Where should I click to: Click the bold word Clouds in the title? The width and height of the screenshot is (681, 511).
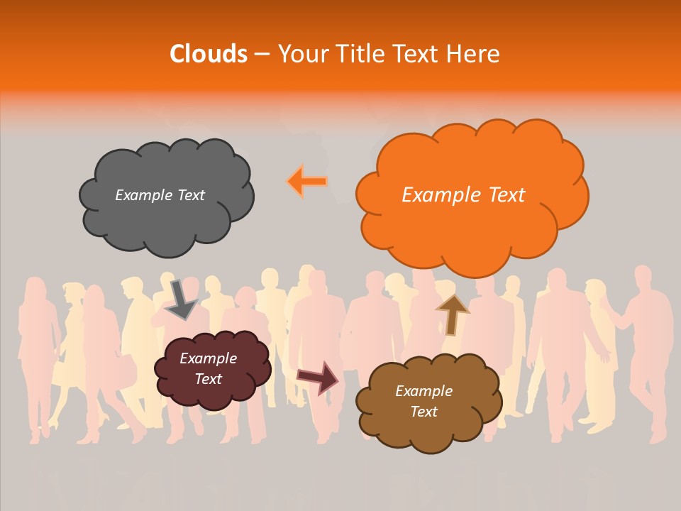pos(209,54)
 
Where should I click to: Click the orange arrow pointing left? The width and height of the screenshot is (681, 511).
pos(307,182)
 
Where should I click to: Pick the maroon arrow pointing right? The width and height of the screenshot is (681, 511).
pos(319,377)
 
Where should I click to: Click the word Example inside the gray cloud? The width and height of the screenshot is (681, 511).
pos(142,195)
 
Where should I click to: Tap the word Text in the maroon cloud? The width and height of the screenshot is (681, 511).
pos(209,379)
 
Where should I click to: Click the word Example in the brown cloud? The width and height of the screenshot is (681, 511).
pos(423,391)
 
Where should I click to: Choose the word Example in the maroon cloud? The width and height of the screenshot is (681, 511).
pos(209,358)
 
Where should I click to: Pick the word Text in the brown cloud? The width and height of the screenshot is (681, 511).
pos(423,412)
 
